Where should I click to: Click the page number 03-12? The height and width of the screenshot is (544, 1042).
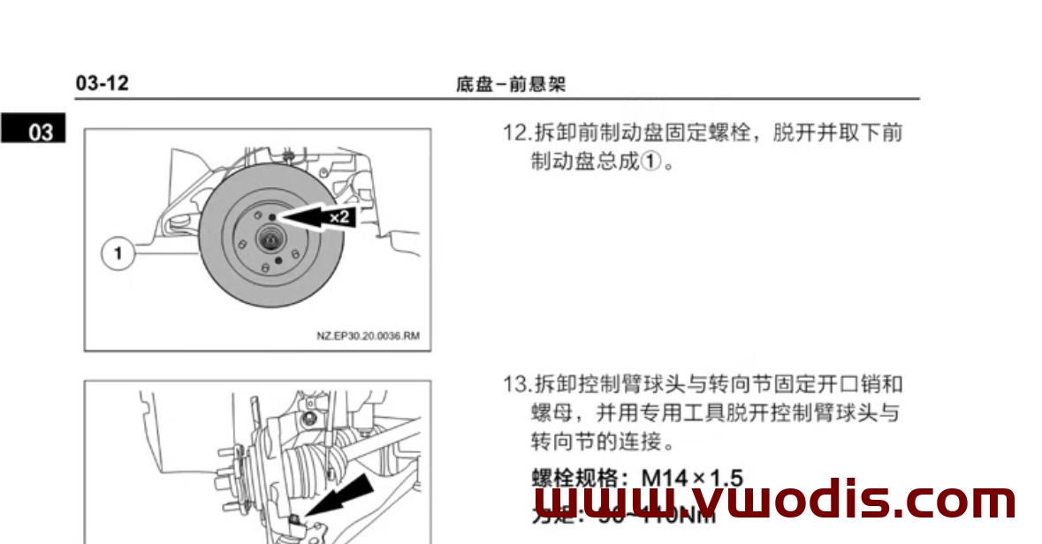[103, 84]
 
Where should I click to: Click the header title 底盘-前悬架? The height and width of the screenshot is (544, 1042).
[511, 85]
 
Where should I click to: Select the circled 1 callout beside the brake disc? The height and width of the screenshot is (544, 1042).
[118, 254]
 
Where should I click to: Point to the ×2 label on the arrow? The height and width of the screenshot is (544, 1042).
[339, 216]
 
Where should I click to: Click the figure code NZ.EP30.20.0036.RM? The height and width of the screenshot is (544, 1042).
[368, 336]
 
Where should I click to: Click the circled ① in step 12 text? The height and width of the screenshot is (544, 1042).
[649, 163]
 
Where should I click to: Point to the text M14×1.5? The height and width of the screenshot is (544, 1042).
[692, 479]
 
